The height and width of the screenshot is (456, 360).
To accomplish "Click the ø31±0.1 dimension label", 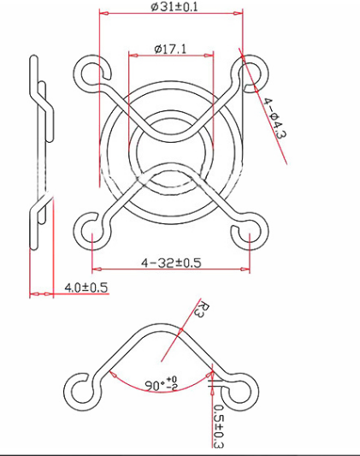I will [174, 7].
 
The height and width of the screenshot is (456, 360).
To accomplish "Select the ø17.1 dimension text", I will [171, 50].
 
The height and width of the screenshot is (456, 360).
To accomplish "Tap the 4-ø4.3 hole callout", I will [273, 120].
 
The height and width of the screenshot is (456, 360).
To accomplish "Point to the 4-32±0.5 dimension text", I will [171, 262].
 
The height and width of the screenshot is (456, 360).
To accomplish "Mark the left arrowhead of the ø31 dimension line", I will [103, 15].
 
